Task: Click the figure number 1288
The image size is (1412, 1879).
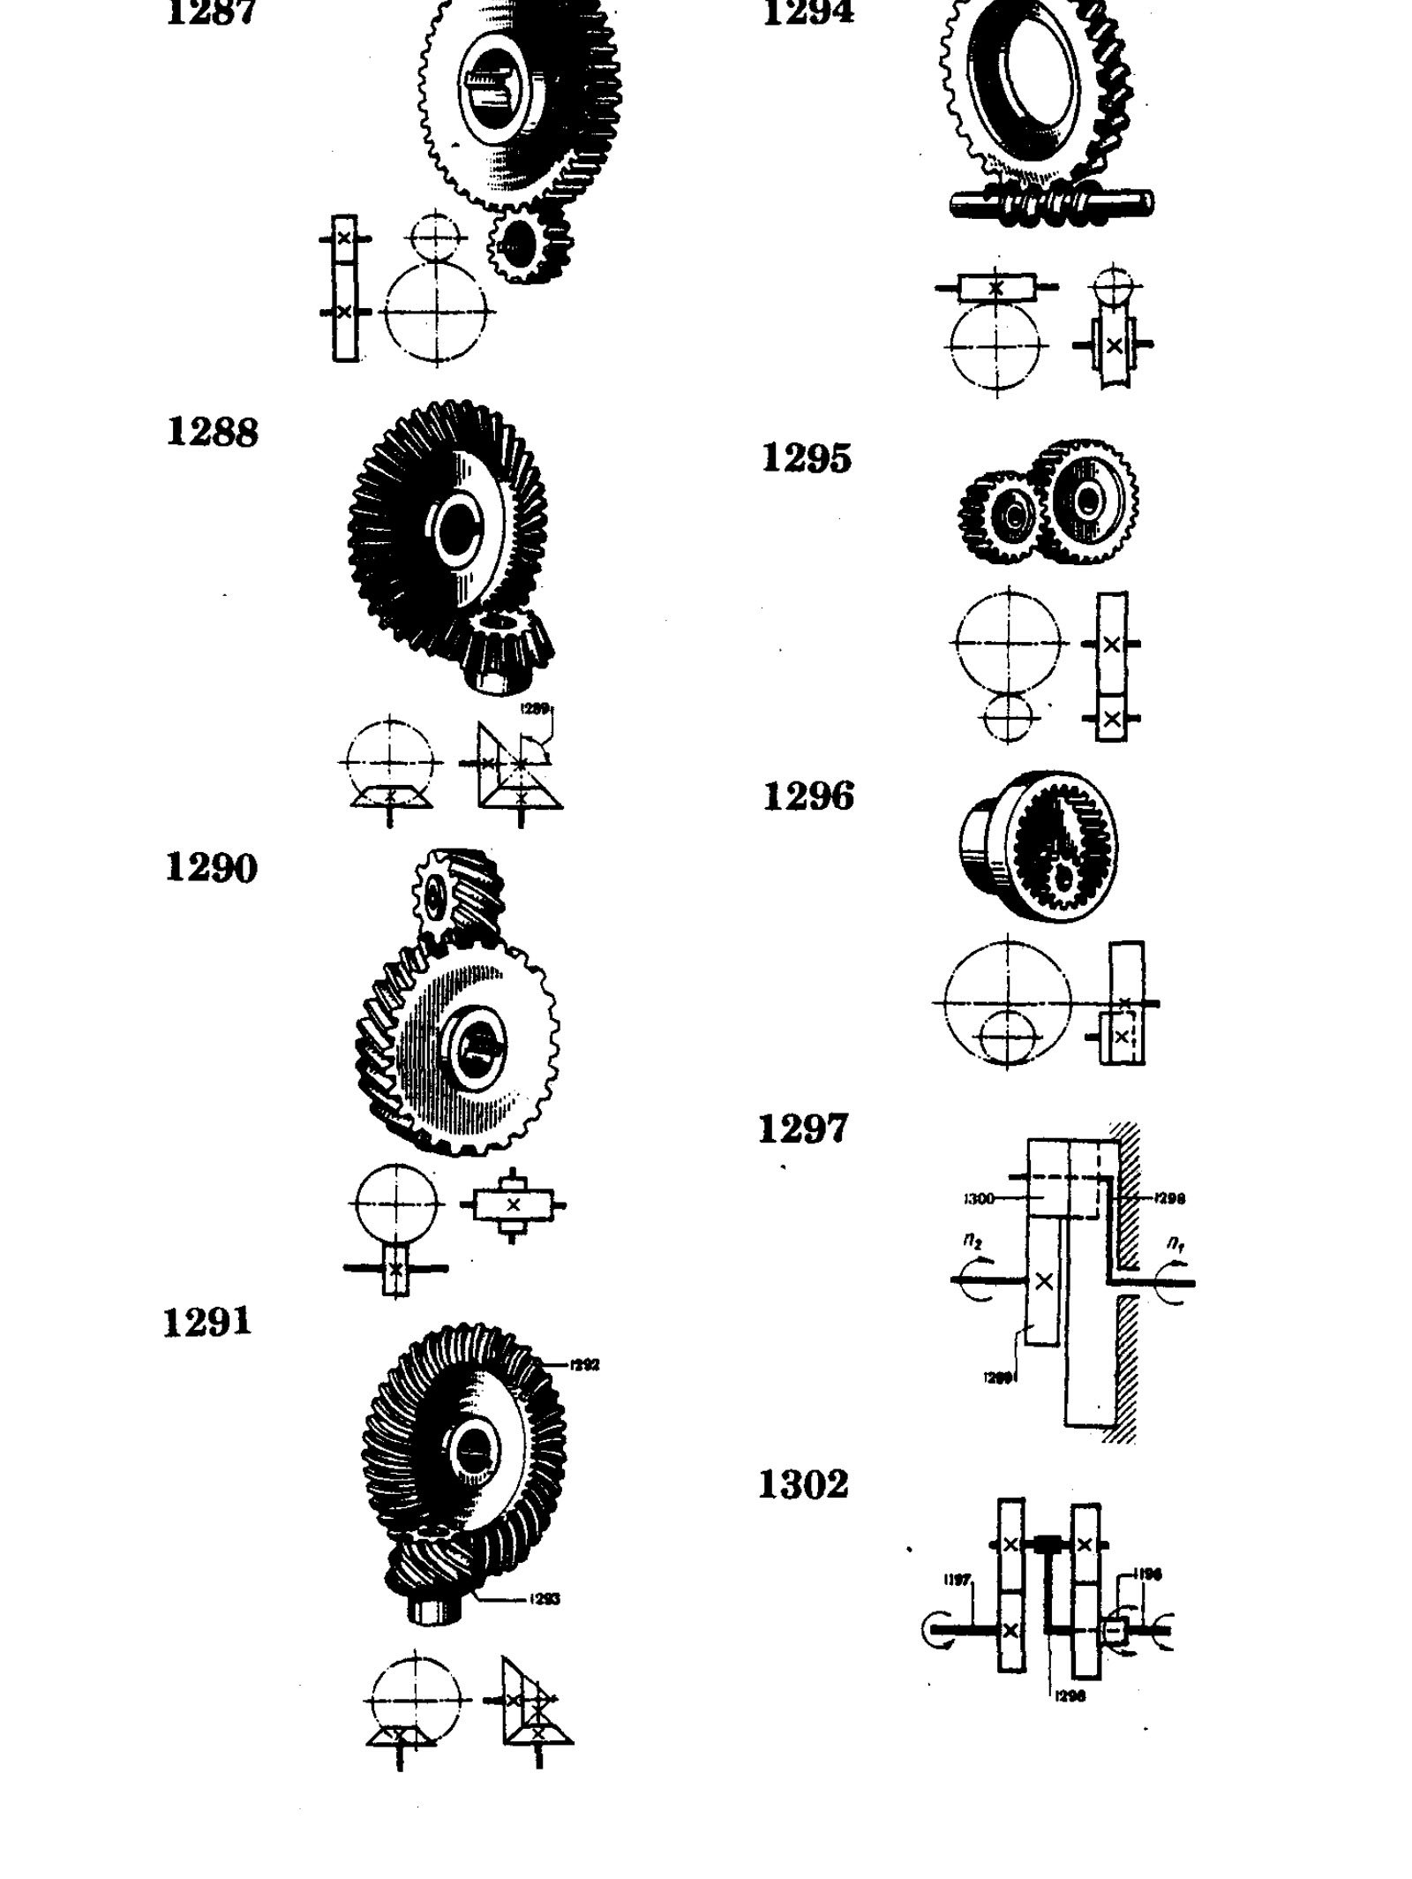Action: [212, 432]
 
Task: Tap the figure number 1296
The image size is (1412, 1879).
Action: [807, 796]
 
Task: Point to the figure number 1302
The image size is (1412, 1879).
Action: [803, 1484]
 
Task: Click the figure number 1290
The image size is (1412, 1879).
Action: [211, 867]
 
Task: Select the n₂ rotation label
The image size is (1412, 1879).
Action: [973, 1241]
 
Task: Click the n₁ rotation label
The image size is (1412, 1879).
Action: [1175, 1243]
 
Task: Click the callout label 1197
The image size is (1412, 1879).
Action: [958, 1580]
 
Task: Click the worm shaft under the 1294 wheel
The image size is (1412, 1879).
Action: [1050, 205]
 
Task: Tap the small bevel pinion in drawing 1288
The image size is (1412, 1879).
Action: [505, 649]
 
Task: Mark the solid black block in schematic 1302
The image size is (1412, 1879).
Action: [1048, 1544]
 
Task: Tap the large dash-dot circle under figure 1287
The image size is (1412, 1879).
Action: [436, 312]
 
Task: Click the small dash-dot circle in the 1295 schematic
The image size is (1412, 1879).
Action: [1006, 716]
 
